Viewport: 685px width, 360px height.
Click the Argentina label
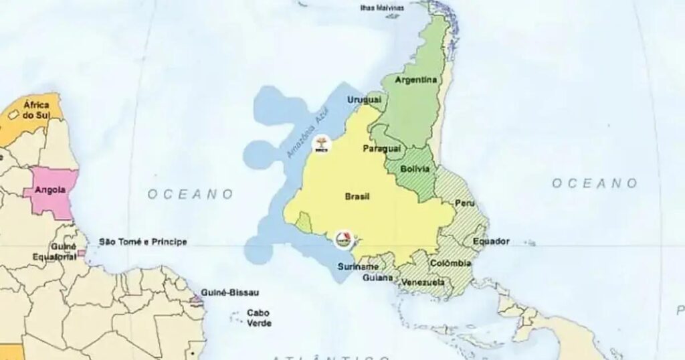(x=415, y=80)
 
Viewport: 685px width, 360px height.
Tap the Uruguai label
(x=363, y=100)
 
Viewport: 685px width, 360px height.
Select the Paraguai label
(x=381, y=148)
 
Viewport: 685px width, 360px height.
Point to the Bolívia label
(x=415, y=169)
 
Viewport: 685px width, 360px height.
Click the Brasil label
(x=357, y=197)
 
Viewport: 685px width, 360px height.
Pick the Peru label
(x=464, y=203)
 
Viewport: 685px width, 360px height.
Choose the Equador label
(x=491, y=241)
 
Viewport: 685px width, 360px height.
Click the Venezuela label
(x=423, y=283)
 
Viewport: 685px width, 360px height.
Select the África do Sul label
(x=36, y=110)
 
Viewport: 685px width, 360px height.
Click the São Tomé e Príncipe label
(x=143, y=242)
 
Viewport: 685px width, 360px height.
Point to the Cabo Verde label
(x=259, y=318)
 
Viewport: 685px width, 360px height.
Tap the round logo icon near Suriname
(x=342, y=238)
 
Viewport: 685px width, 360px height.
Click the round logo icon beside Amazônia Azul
(x=320, y=143)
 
